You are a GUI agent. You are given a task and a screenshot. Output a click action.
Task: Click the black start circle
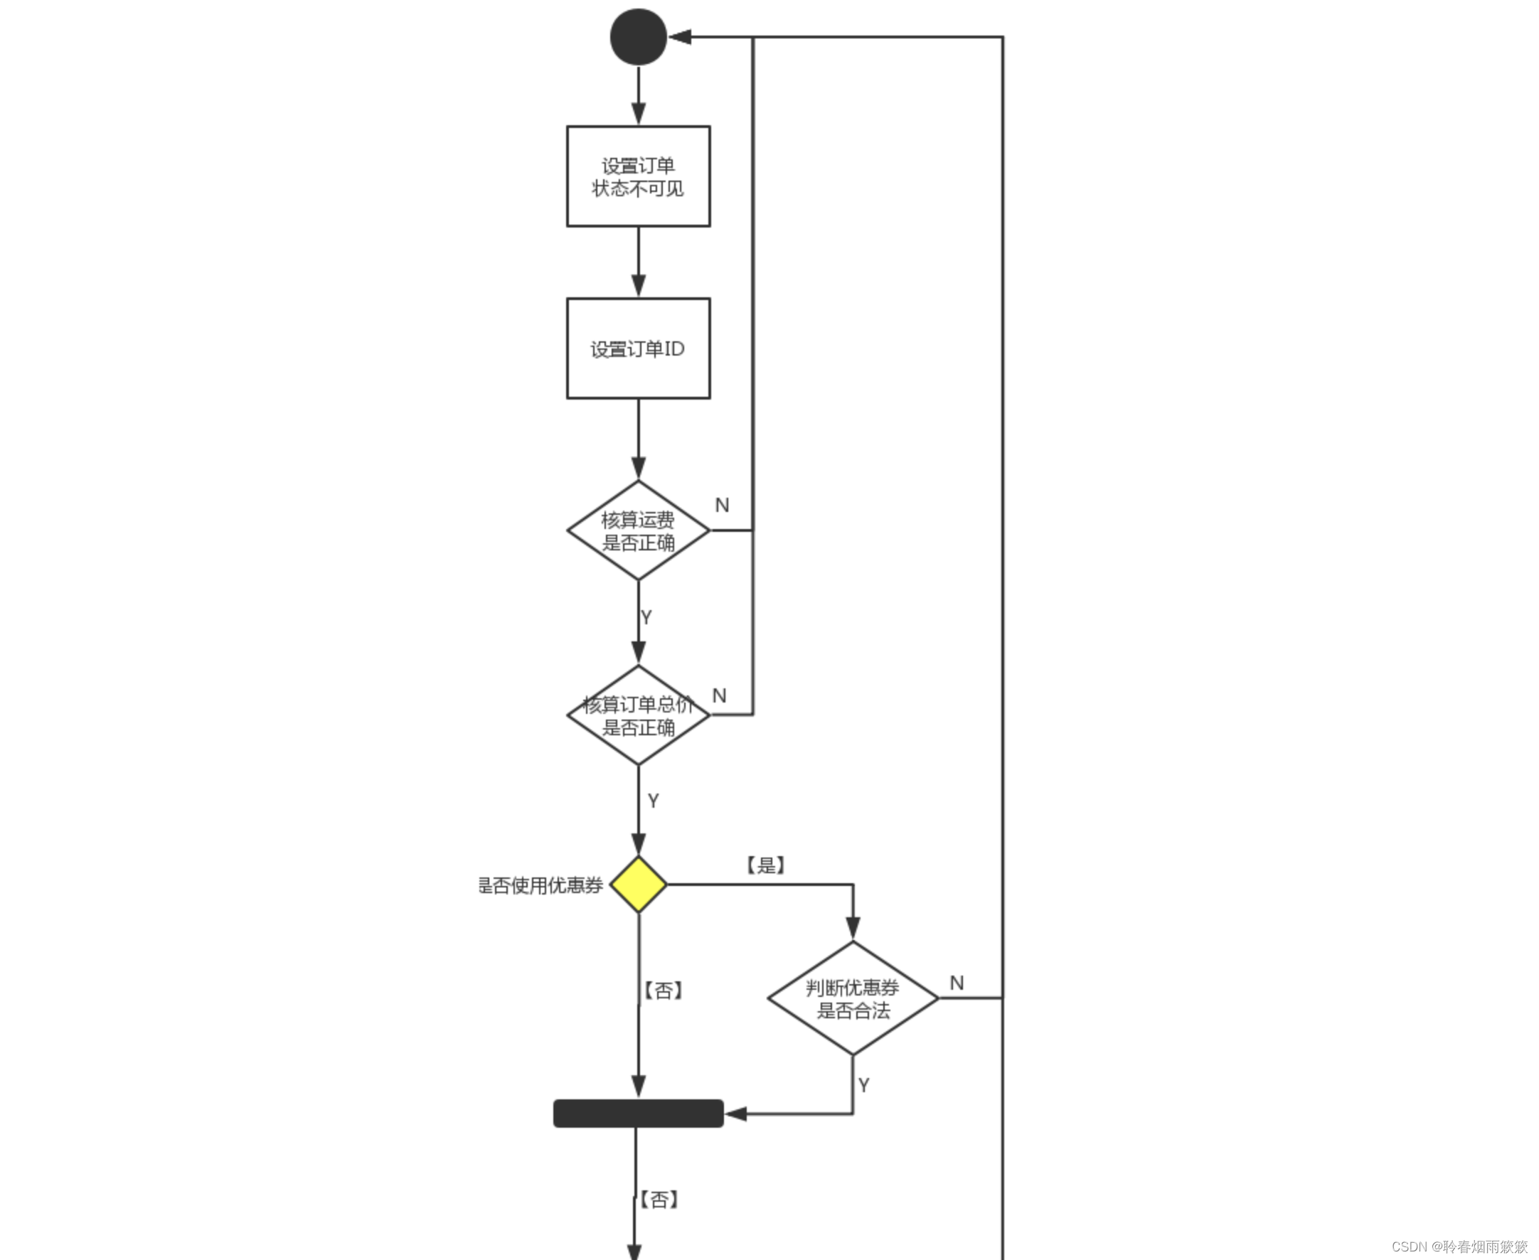638,37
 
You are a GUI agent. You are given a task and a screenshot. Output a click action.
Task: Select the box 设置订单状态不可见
638,176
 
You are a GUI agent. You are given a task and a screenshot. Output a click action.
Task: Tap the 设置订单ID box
638,348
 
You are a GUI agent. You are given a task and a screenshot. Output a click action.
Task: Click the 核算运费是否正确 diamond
638,530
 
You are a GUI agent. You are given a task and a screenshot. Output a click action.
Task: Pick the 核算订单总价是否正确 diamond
638,715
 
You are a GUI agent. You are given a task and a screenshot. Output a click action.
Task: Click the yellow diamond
638,885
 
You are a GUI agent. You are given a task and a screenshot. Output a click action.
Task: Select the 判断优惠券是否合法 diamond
853,998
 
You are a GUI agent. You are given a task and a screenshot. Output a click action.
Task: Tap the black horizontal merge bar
638,1114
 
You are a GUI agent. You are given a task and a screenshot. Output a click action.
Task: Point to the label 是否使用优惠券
540,885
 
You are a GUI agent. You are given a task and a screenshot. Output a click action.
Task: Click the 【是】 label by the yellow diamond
766,865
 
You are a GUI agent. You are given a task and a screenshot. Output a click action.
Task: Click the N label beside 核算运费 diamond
722,505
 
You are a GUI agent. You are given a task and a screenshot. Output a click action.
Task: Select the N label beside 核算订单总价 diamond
720,695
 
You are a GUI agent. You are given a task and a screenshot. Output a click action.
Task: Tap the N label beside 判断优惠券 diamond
957,983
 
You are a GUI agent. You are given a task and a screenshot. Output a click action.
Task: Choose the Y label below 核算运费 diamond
646,617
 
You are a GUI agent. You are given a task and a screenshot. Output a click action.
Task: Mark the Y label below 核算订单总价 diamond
654,801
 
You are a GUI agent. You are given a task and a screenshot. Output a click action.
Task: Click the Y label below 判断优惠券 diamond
863,1085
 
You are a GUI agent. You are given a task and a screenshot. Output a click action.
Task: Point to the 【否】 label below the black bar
659,1200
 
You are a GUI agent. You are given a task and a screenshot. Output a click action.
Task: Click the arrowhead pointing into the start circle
679,37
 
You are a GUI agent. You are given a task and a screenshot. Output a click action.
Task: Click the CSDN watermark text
1459,1246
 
